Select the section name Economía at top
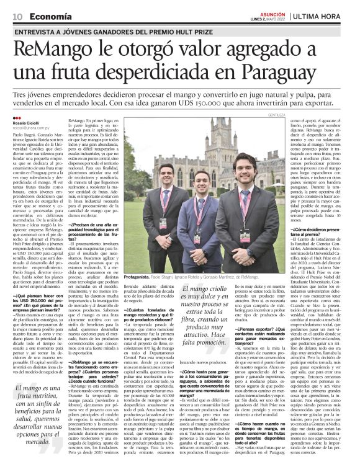pos(51,15)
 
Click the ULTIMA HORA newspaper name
pos(324,15)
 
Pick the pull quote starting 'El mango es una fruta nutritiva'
pos(38,414)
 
